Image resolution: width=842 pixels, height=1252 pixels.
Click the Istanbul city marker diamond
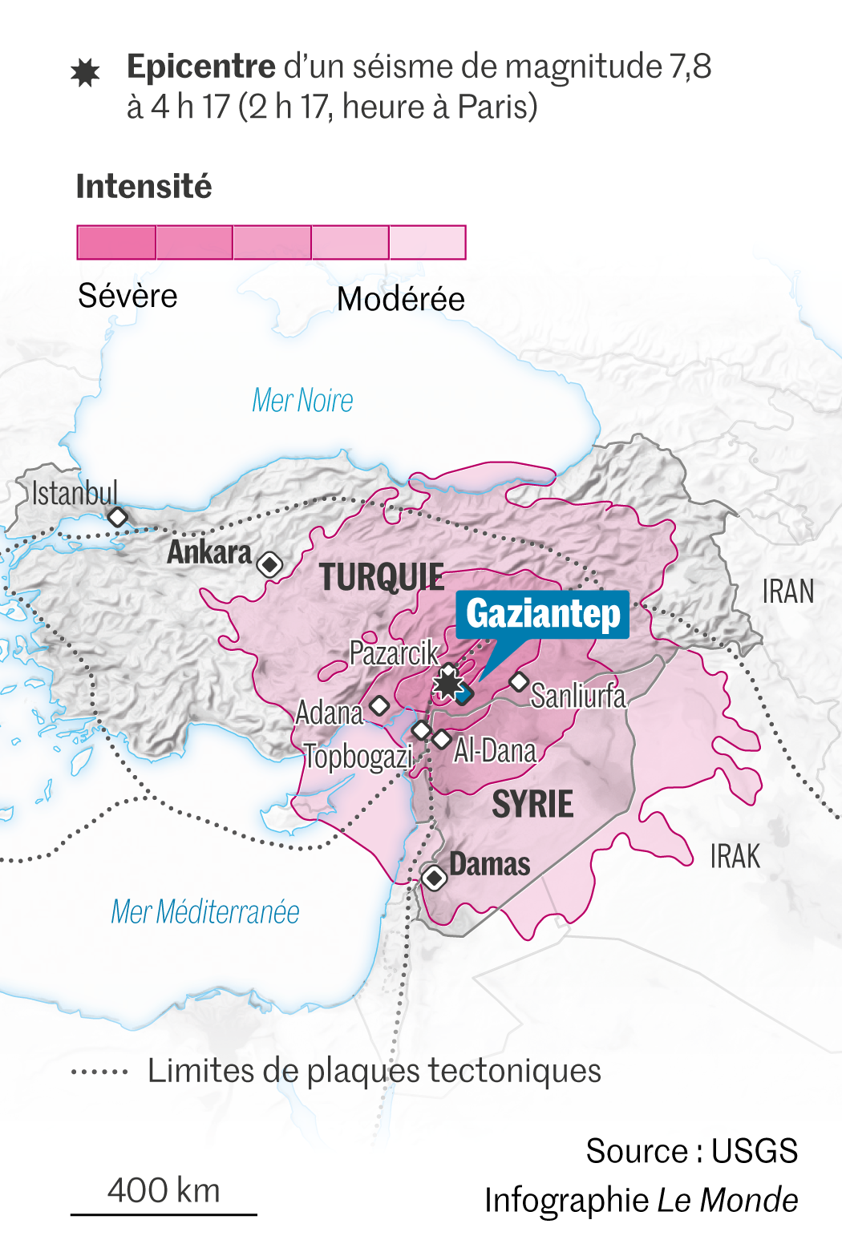point(118,517)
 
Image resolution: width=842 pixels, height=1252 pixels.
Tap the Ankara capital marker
point(270,564)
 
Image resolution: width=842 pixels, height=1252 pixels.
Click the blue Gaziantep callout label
point(543,614)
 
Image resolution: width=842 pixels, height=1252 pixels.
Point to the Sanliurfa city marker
point(519,682)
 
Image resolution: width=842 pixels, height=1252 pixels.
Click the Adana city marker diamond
point(379,705)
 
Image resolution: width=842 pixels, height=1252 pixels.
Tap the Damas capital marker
point(435,878)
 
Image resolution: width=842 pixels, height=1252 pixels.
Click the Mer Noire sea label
point(302,400)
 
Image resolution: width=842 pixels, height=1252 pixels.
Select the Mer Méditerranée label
point(205,911)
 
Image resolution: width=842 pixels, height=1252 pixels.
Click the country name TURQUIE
point(382,577)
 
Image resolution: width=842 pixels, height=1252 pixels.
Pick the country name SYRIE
point(532,804)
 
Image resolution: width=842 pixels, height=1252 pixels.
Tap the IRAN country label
point(787,592)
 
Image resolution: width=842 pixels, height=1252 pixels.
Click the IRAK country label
point(735,857)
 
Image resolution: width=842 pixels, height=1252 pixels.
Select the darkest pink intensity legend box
point(116,242)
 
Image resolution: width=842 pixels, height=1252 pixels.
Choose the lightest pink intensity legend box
point(427,242)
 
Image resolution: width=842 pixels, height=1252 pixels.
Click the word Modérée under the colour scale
point(400,299)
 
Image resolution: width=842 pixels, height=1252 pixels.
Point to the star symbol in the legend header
point(85,73)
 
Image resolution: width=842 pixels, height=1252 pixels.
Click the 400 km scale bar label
point(164,1190)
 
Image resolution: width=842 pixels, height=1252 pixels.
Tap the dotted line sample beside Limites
point(99,1072)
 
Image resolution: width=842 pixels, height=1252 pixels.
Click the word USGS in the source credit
point(754,1151)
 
